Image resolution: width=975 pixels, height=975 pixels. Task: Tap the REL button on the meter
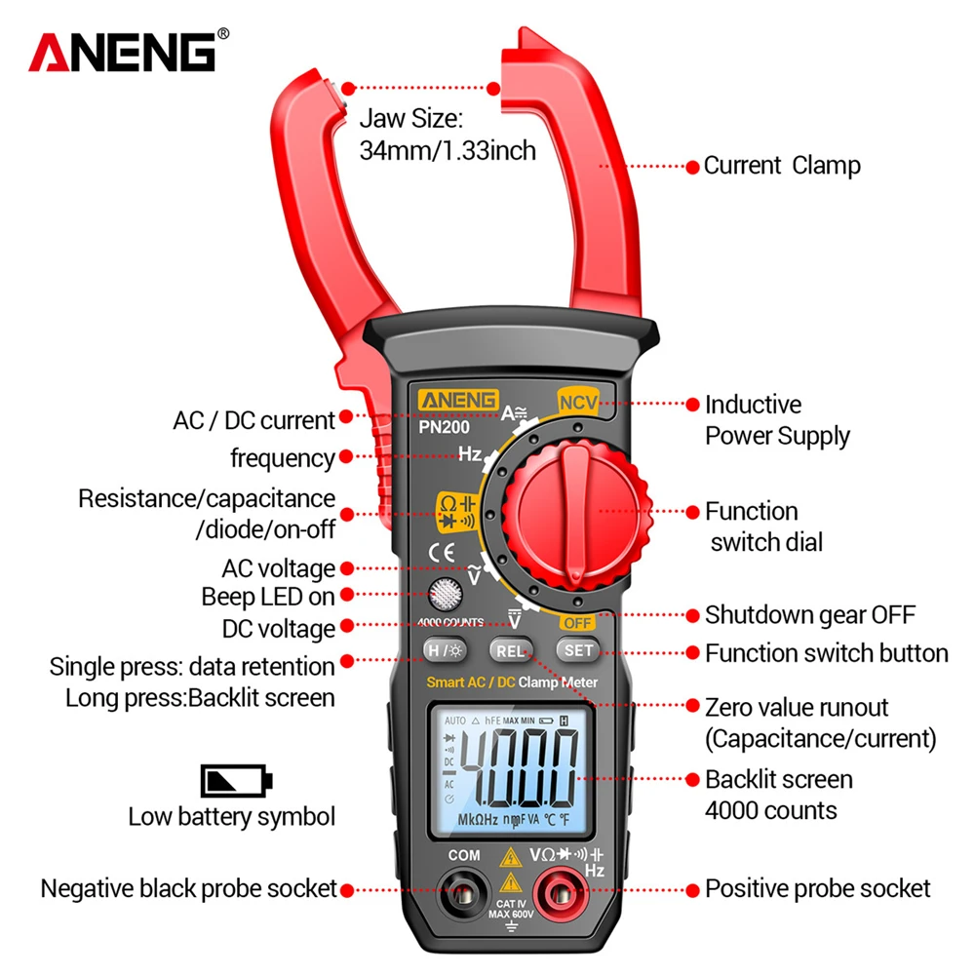coord(508,650)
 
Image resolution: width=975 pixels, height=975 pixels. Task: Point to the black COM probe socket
coord(464,889)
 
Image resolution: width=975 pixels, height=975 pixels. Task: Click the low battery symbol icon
coord(237,780)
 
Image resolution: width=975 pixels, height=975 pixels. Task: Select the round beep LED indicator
coord(446,594)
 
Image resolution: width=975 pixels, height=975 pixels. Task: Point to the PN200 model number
coord(446,425)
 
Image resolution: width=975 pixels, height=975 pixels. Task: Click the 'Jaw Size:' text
coord(409,120)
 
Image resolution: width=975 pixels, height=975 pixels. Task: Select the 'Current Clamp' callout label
coord(782,166)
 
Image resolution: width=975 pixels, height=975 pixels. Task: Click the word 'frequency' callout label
coord(282,457)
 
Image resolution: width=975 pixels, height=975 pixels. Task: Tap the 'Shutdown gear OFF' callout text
coord(809,615)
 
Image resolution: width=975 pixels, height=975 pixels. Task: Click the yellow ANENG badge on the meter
coord(459,400)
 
